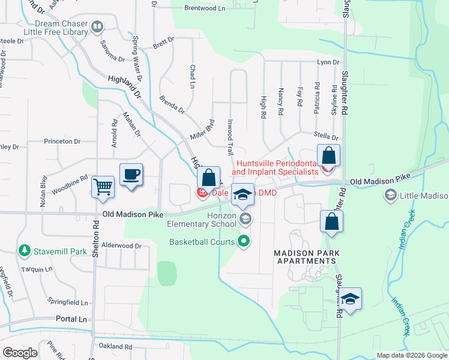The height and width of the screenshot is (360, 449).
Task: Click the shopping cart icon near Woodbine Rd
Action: pos(103,187)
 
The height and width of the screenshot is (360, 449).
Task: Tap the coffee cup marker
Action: pos(131,175)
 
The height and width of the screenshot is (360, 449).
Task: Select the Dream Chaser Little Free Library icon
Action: pos(97,26)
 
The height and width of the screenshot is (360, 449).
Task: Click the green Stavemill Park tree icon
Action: pos(25,249)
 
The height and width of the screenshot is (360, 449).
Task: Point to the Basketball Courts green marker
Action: pos(244,242)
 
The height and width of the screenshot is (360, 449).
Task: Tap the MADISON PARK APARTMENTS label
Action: pos(304,257)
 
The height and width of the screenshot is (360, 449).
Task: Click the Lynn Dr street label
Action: pos(328,62)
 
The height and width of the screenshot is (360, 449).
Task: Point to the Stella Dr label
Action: pos(327,137)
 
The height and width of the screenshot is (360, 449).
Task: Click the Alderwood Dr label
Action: pos(121,246)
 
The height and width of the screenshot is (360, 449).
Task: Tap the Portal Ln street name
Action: pos(71,320)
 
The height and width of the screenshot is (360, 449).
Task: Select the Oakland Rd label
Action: pos(115,347)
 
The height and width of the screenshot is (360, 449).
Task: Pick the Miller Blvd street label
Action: pos(202,129)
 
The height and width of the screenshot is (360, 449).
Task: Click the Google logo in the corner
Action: pos(20,352)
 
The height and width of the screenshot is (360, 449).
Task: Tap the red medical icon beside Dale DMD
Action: pos(202,193)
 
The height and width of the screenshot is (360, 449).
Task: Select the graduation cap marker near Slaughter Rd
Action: pos(351,299)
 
